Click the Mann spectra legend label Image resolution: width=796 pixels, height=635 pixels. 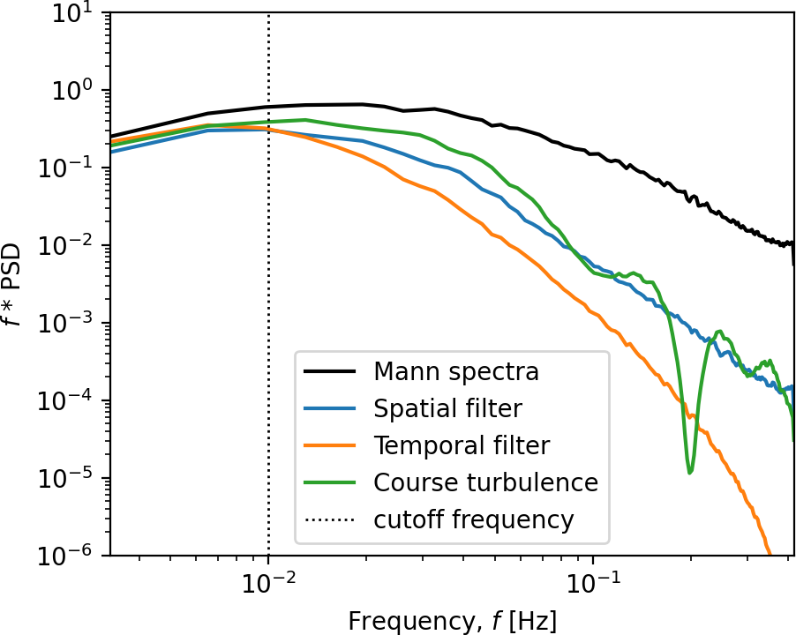455,371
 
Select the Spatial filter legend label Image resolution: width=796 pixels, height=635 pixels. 447,408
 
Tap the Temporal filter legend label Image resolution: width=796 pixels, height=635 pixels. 462,445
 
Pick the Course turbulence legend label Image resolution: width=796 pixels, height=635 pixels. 485,482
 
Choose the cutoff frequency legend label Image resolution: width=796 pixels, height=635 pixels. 474,519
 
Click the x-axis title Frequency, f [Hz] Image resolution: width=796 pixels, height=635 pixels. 452,619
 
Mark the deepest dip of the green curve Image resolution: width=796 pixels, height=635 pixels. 690,472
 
